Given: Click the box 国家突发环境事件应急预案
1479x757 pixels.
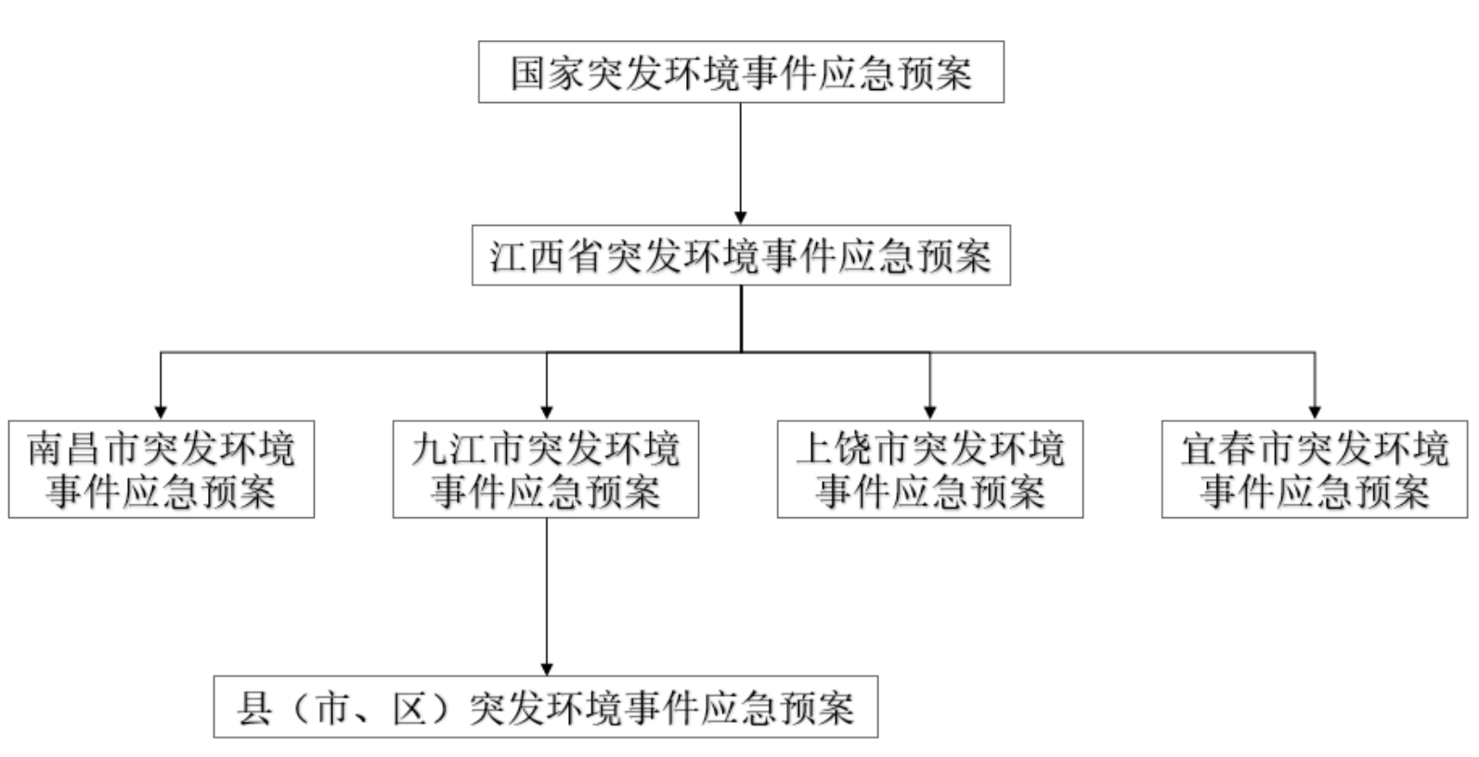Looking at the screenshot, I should [741, 72].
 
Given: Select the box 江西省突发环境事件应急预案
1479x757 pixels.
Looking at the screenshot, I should [741, 255].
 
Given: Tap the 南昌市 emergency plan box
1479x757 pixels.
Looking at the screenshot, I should [162, 469].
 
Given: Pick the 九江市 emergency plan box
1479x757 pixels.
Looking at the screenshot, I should [546, 469].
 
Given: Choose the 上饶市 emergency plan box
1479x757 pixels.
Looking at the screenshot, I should [930, 469].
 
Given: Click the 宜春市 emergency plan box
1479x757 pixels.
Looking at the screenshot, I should [1315, 469].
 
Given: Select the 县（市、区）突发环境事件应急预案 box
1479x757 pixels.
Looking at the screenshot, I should [546, 708].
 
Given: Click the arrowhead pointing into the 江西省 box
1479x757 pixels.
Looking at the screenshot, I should [741, 218].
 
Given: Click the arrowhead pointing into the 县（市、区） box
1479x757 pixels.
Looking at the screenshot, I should [547, 669].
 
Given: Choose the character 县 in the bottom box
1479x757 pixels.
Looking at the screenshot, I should [254, 709].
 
